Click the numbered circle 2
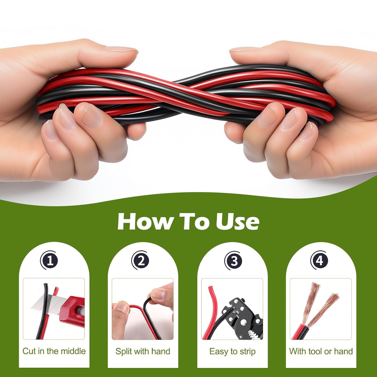[x=141, y=261]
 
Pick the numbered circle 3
[x=233, y=261]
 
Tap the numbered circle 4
[x=319, y=261]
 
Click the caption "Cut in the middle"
[x=54, y=351]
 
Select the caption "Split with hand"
[x=143, y=351]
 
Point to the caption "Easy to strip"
[x=232, y=351]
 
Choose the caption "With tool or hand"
[x=321, y=351]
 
